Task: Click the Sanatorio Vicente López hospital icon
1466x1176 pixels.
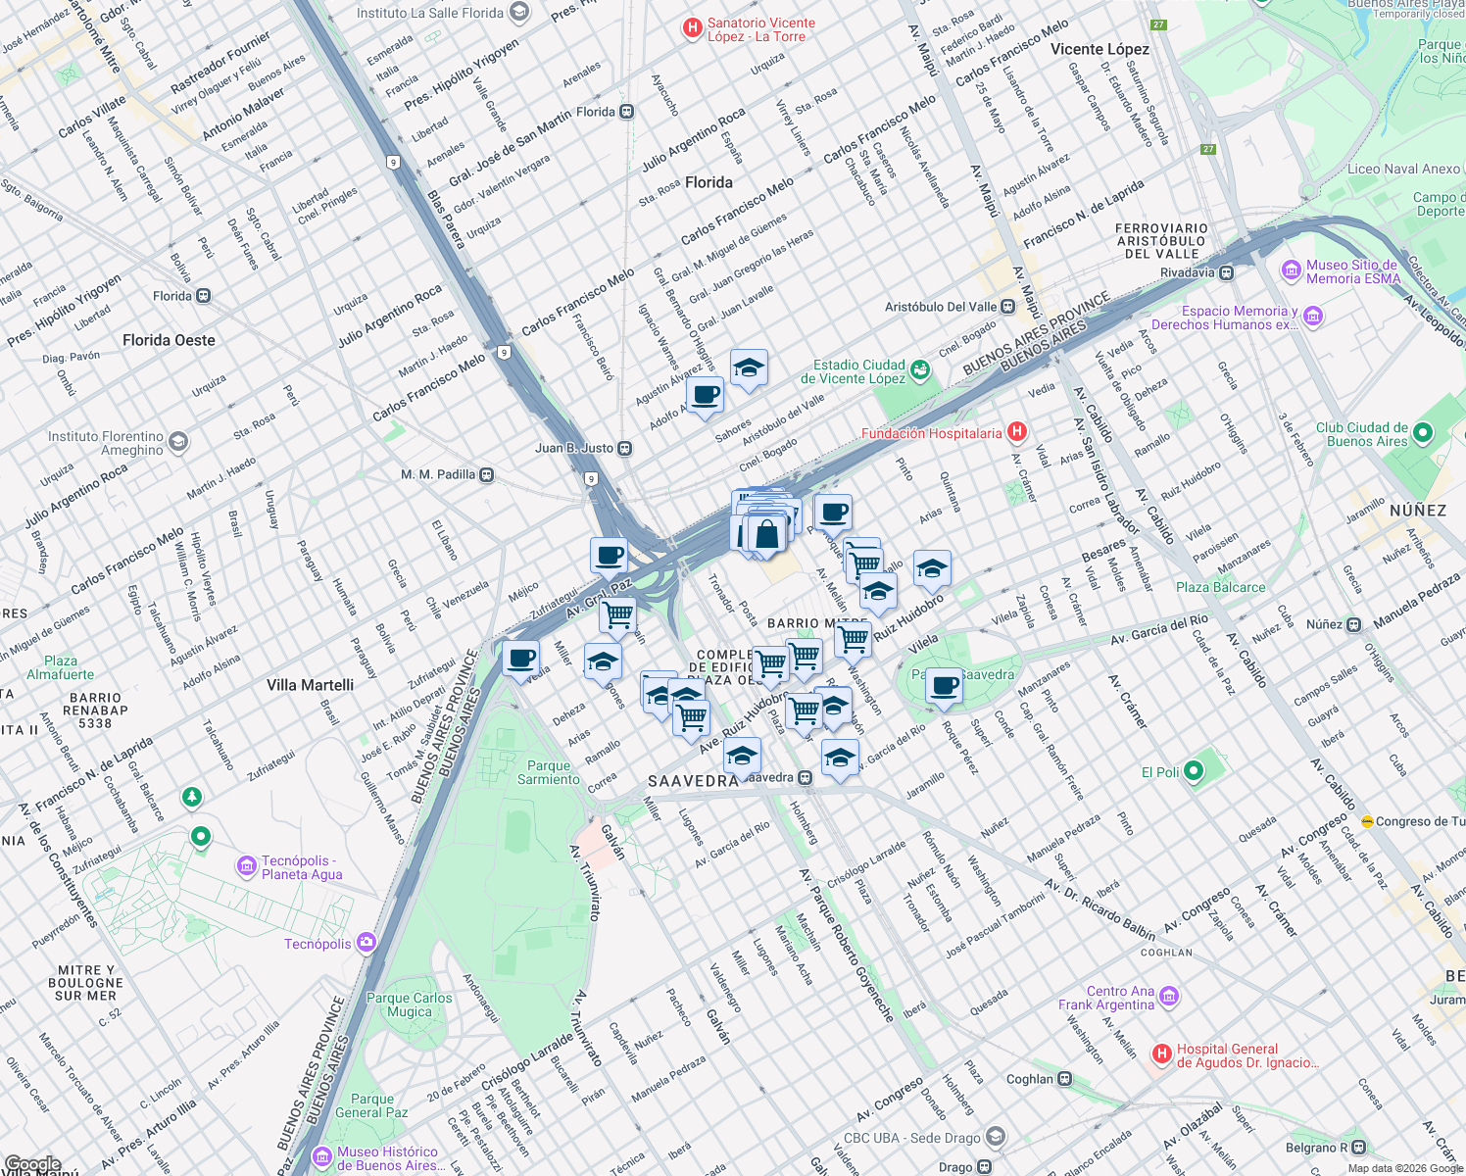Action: (x=693, y=29)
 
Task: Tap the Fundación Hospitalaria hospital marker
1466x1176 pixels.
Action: (x=1017, y=432)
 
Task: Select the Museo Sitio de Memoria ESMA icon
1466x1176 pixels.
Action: (x=1291, y=270)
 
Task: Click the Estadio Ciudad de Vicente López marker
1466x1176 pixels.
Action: (x=919, y=370)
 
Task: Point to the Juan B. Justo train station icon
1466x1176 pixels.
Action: (x=624, y=449)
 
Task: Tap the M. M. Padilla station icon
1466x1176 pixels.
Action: (x=486, y=475)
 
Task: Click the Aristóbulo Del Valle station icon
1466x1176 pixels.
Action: (x=1007, y=307)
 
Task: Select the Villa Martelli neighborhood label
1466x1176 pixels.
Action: (x=310, y=685)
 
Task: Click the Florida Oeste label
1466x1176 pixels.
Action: (x=169, y=340)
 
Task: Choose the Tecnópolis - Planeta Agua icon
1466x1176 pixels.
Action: (x=247, y=866)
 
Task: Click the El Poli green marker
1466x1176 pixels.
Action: (x=1193, y=771)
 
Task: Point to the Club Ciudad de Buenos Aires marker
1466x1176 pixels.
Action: (x=1423, y=433)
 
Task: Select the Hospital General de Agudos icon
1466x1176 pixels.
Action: (x=1161, y=1054)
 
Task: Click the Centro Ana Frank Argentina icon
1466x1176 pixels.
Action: (x=1168, y=998)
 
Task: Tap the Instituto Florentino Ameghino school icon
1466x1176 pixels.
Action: (x=177, y=442)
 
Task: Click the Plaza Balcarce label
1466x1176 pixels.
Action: (x=1220, y=587)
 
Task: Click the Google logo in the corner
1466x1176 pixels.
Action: (x=32, y=1164)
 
